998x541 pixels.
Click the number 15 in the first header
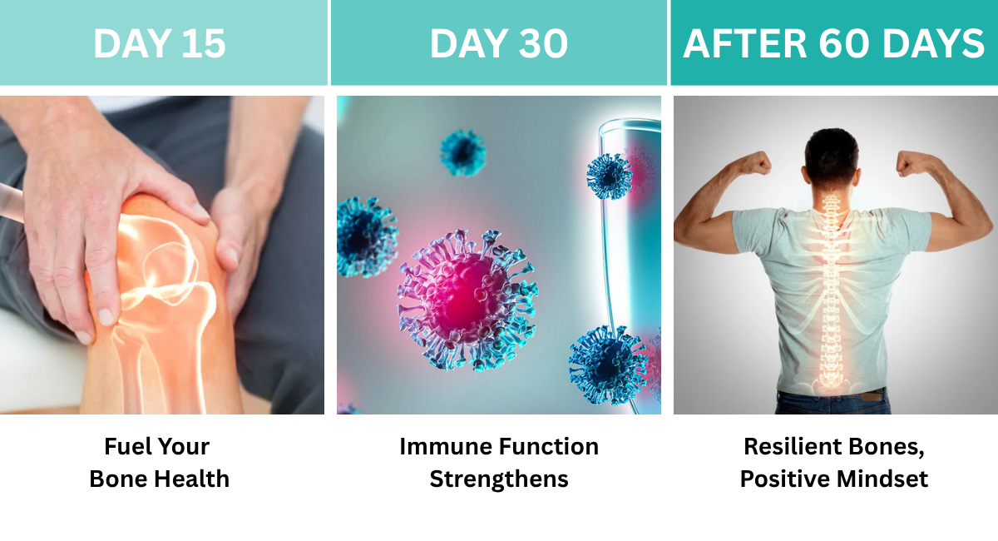tap(204, 43)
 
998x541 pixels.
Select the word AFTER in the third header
tap(744, 43)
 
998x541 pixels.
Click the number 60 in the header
tap(844, 43)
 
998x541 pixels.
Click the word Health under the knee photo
tap(191, 479)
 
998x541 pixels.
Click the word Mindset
tap(882, 479)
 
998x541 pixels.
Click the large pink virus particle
tap(467, 300)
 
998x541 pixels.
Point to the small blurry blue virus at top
tap(463, 152)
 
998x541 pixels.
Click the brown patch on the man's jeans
tap(872, 395)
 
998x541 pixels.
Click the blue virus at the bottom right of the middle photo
tap(609, 365)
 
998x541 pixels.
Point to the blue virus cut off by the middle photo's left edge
tap(365, 236)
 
